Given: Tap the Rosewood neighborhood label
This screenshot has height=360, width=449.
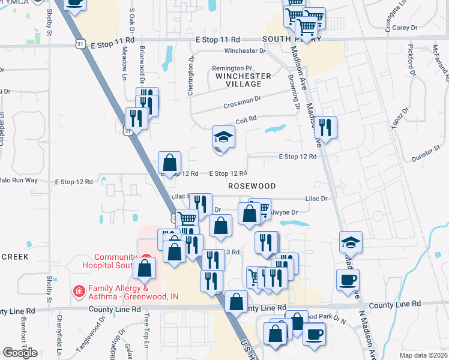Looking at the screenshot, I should pyautogui.click(x=252, y=186).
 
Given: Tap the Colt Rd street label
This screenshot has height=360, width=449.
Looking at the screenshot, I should pyautogui.click(x=247, y=119).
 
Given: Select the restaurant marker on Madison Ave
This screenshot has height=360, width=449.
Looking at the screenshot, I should pyautogui.click(x=325, y=128).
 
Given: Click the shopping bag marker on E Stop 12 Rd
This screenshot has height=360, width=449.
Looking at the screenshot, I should pyautogui.click(x=170, y=163).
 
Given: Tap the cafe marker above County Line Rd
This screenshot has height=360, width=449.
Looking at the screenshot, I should pyautogui.click(x=348, y=280).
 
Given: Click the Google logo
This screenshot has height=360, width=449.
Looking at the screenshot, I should pyautogui.click(x=20, y=353).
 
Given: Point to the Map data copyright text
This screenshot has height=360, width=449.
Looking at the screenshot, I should pyautogui.click(x=424, y=355).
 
